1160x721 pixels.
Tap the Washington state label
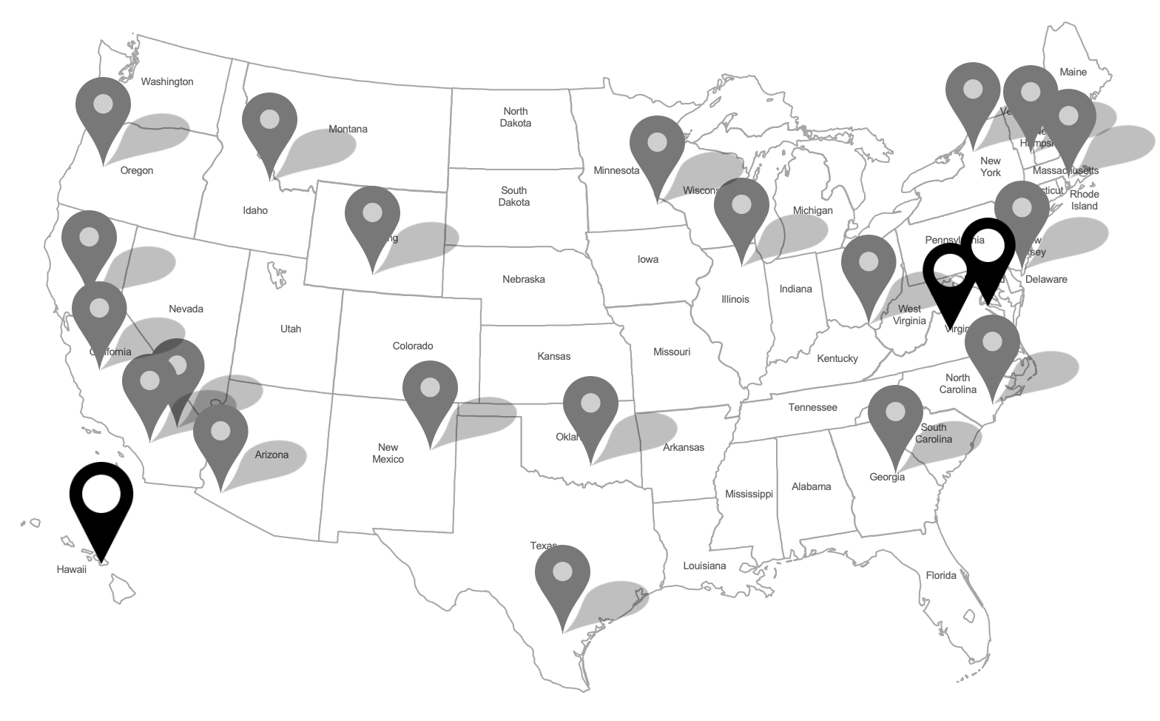[x=167, y=81]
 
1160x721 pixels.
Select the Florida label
[x=941, y=575]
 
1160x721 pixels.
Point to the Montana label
[x=348, y=129]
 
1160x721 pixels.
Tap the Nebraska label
[x=524, y=279]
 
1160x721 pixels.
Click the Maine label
[x=1073, y=72]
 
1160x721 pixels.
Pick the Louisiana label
[x=704, y=566]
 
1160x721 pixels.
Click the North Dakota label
[x=516, y=117]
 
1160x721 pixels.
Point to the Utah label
[x=291, y=329]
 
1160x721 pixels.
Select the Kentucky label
[x=837, y=358]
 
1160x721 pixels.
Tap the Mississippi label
[x=749, y=494]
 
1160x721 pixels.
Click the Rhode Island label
[x=1085, y=200]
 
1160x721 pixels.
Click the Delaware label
[x=1046, y=279]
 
